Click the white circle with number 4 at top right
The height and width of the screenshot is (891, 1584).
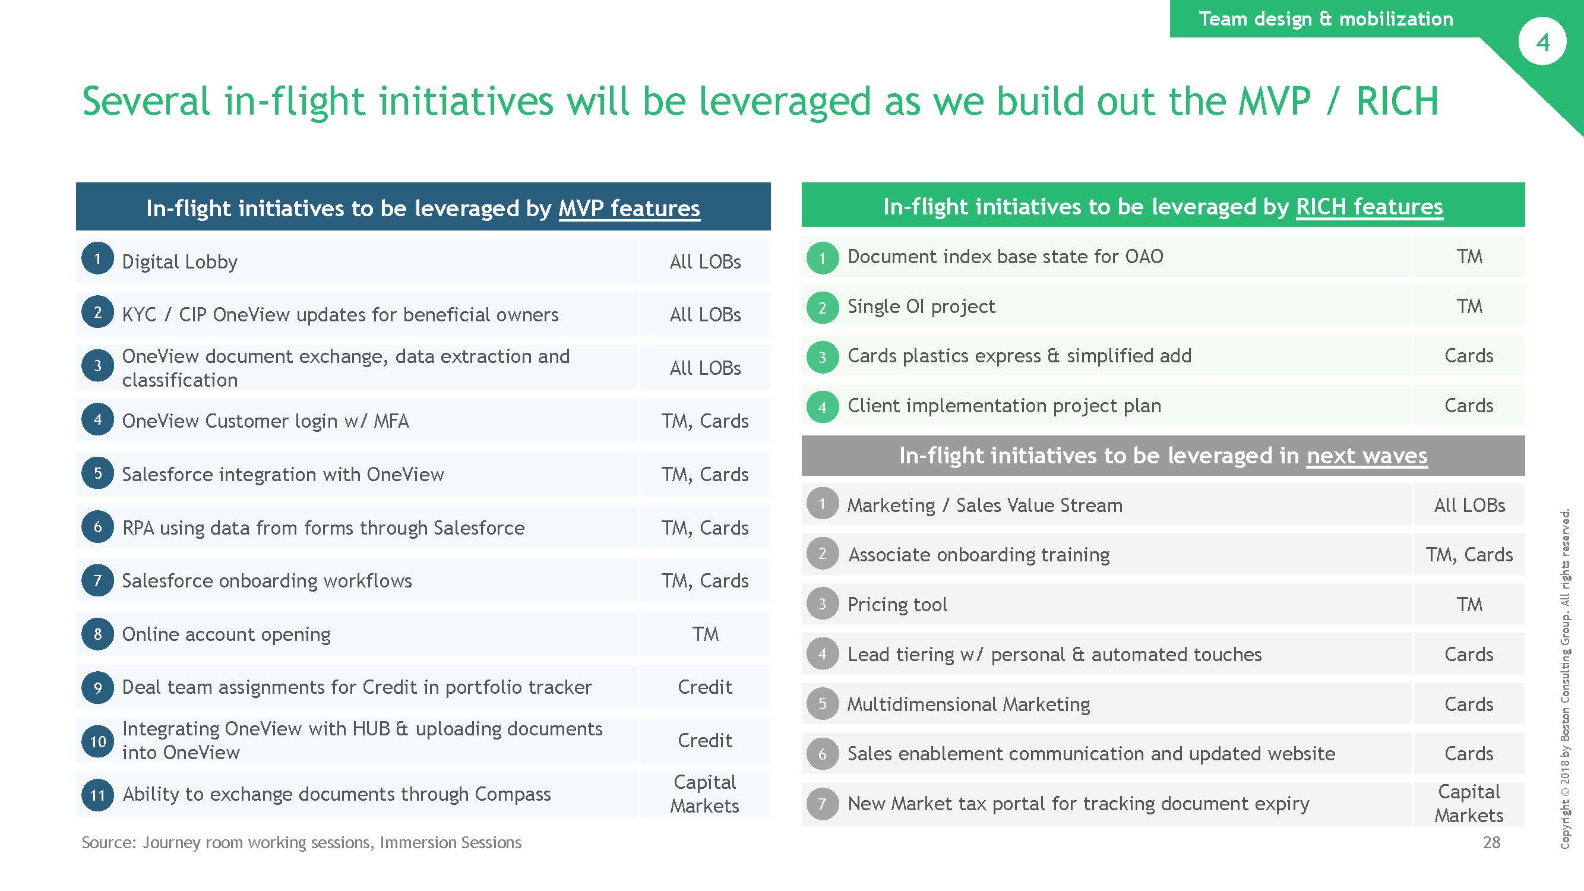[1542, 42]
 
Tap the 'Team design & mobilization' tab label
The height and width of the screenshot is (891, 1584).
[1326, 18]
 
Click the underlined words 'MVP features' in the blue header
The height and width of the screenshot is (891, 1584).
[629, 208]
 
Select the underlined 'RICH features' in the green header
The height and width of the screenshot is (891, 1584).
[1369, 207]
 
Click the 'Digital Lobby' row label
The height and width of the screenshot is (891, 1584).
[179, 262]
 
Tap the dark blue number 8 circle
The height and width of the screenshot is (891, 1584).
[98, 634]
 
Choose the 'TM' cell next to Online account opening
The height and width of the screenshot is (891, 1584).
[706, 634]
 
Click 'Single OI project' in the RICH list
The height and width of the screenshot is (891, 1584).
[921, 307]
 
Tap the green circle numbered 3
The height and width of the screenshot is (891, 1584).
[822, 357]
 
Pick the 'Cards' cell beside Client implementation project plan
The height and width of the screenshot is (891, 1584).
[1468, 406]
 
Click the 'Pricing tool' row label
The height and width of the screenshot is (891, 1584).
[897, 605]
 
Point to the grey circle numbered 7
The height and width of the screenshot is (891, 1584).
[822, 804]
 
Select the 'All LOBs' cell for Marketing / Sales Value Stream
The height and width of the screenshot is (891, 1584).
[1469, 505]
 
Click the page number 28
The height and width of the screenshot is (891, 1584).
[1491, 842]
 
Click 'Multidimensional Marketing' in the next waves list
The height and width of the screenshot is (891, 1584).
[969, 704]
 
